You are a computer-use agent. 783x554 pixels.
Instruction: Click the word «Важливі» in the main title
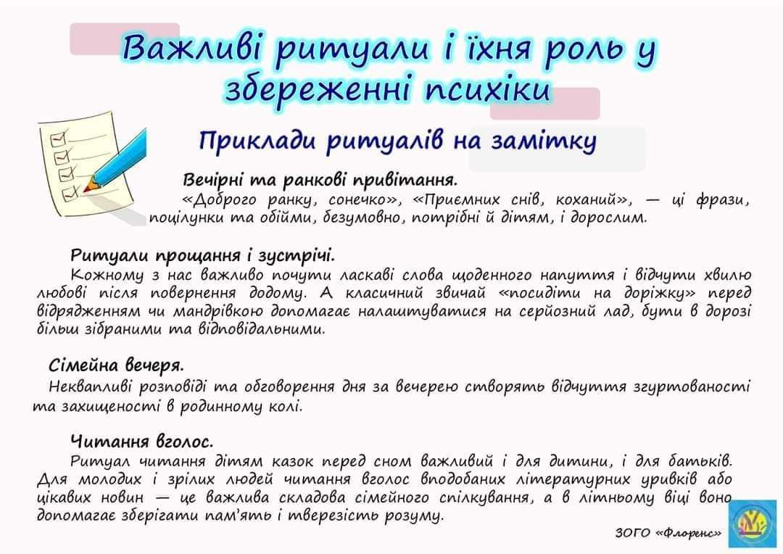click(x=195, y=49)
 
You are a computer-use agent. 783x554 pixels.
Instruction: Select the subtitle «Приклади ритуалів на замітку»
click(x=397, y=141)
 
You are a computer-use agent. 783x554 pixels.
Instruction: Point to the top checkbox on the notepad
click(x=59, y=137)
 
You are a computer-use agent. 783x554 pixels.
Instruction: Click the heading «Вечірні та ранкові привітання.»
click(x=320, y=180)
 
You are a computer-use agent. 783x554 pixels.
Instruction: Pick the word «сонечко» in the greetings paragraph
click(x=360, y=200)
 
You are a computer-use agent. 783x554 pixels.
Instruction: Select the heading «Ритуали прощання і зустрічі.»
click(x=202, y=256)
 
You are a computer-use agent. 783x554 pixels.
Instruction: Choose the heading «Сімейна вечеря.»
click(x=116, y=365)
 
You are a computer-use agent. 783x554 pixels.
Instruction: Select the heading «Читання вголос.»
click(x=142, y=442)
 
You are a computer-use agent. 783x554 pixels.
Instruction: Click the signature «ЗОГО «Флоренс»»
click(x=668, y=534)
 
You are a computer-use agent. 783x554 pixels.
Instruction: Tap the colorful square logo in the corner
click(x=753, y=524)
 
